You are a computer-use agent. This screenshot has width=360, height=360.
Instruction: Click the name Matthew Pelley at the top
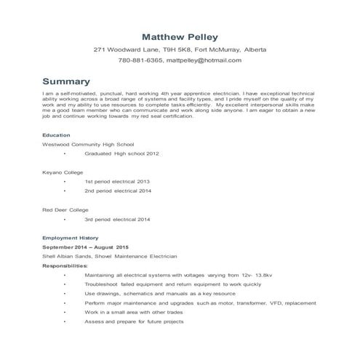(x=180, y=36)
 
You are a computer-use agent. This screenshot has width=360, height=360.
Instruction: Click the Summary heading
(x=66, y=81)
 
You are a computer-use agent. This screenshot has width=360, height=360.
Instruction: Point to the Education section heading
(x=56, y=135)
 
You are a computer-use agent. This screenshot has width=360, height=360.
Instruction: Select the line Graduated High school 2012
(x=121, y=154)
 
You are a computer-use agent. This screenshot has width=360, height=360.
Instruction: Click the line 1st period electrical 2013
(x=117, y=182)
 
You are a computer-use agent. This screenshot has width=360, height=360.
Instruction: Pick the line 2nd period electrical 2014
(x=117, y=191)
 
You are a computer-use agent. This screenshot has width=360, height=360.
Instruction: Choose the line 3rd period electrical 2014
(x=117, y=219)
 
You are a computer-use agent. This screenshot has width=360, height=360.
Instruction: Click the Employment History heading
(x=69, y=238)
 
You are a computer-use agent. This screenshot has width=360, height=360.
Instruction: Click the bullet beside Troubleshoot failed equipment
(x=64, y=285)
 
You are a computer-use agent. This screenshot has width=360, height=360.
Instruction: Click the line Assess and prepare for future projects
(x=134, y=321)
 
